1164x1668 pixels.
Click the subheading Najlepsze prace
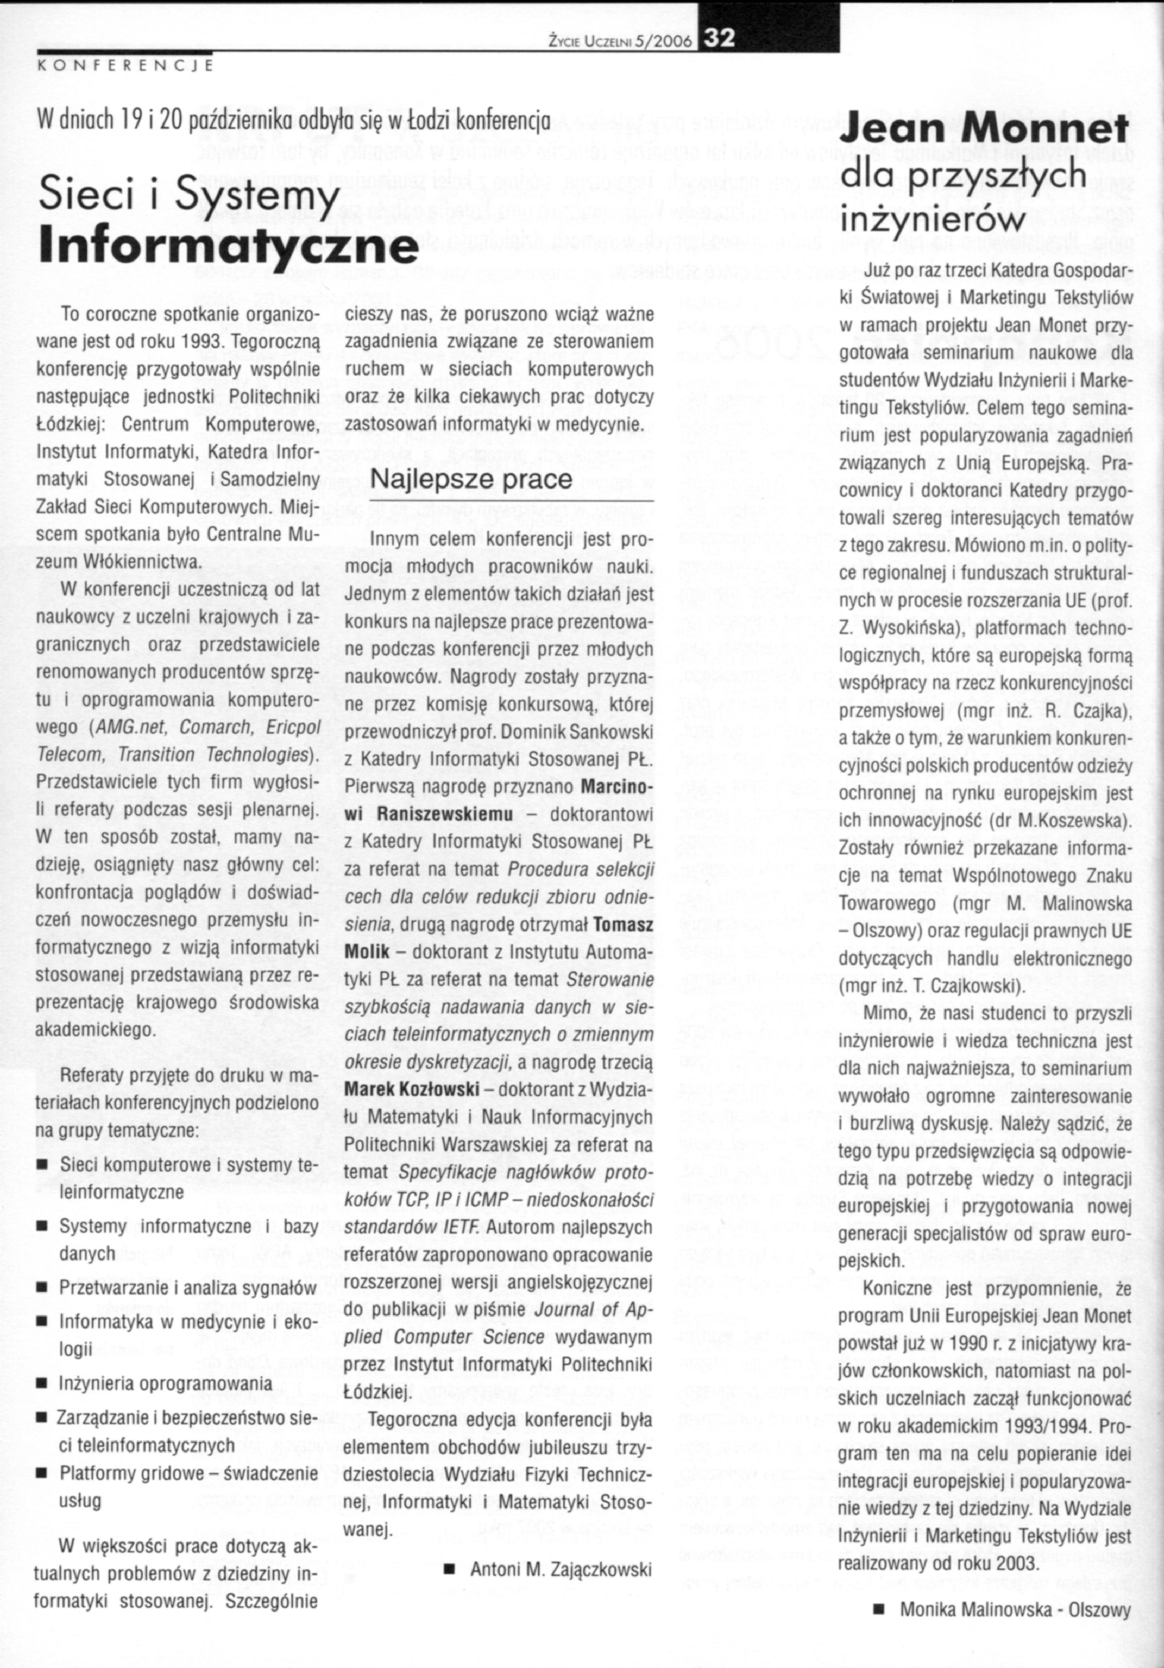coord(471,479)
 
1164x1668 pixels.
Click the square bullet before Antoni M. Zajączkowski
coord(449,1570)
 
